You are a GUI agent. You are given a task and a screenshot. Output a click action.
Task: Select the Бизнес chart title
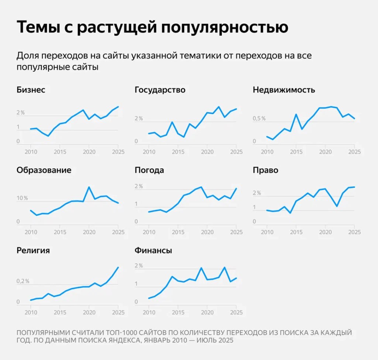point(31,90)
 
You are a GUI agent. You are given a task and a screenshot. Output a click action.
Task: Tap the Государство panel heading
point(160,90)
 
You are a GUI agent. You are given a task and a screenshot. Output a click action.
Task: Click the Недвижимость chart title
point(283,90)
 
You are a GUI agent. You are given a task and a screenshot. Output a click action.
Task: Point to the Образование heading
point(44,170)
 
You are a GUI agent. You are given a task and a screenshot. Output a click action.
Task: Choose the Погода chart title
point(149,170)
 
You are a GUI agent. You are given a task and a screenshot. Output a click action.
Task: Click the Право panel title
point(265,170)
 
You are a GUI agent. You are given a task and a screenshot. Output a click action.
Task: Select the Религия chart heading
point(33,251)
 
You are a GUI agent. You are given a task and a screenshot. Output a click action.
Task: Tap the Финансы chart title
point(153,251)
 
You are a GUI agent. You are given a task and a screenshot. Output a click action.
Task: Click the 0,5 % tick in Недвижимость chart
point(259,119)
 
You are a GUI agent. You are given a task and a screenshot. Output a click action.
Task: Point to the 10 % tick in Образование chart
point(22,198)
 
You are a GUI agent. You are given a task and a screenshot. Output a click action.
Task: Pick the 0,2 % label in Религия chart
point(23,281)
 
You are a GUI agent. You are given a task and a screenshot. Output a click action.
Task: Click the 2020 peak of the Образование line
point(89,187)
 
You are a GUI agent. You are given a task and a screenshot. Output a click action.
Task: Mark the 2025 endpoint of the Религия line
point(118,267)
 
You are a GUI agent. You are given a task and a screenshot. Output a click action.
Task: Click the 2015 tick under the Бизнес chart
point(60,152)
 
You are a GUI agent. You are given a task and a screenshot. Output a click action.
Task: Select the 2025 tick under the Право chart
point(354,232)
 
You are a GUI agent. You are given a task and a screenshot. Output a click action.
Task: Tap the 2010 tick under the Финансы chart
point(148,312)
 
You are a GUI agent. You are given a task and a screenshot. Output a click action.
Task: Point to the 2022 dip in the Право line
point(337,206)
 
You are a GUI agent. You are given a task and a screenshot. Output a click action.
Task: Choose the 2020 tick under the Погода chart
point(207,232)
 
